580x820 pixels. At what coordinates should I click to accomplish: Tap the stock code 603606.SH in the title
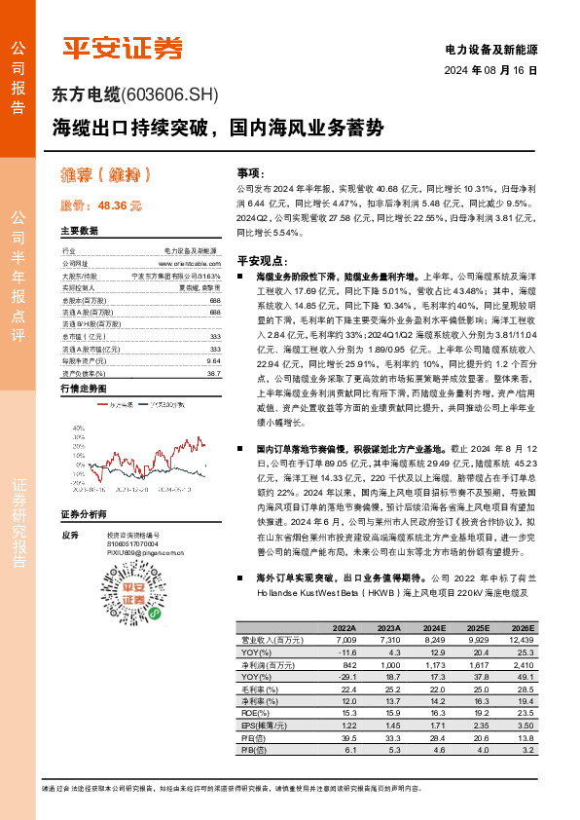click(x=171, y=95)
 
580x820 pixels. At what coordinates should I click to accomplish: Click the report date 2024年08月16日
click(x=489, y=70)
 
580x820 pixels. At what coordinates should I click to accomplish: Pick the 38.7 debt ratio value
click(x=214, y=373)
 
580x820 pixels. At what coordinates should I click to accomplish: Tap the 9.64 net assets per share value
click(x=214, y=360)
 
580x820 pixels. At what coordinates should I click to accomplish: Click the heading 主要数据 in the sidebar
click(x=79, y=232)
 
